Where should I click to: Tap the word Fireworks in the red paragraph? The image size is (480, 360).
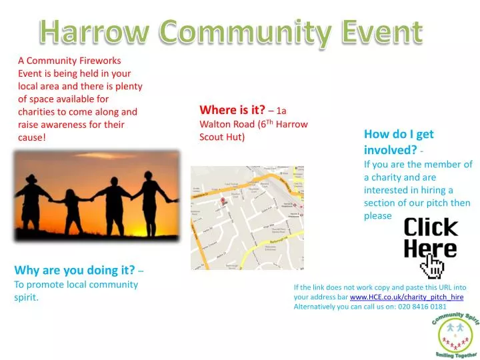98,61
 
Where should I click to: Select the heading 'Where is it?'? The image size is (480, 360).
232,110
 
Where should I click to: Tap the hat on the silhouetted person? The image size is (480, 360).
32,179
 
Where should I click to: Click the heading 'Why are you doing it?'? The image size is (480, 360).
74,270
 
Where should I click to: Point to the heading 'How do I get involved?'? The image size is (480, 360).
399,141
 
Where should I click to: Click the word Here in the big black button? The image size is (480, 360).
430,249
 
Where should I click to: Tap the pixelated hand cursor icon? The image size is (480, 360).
432,267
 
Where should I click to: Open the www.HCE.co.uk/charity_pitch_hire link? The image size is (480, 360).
406,297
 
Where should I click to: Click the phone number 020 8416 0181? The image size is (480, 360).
423,307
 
